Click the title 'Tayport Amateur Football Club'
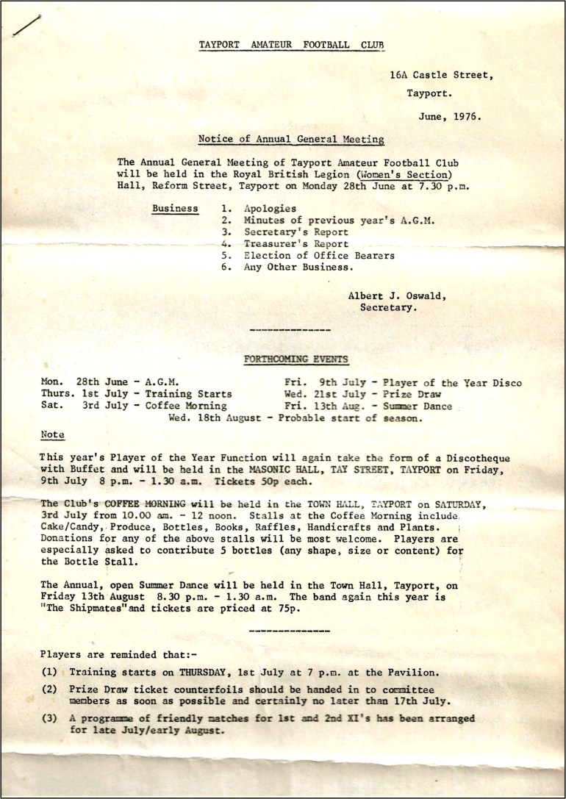(291, 46)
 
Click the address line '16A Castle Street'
(441, 75)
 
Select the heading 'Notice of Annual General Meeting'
(291, 139)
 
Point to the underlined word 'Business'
(175, 209)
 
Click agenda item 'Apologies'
(271, 209)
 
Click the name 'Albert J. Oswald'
(396, 295)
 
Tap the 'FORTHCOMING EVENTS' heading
(296, 359)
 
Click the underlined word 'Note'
(52, 435)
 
